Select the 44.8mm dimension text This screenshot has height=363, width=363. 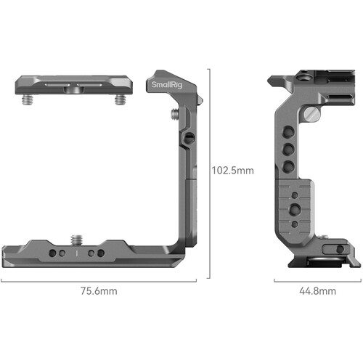(317, 291)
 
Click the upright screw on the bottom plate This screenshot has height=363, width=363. (76, 238)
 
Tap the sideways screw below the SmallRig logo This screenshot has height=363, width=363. (175, 113)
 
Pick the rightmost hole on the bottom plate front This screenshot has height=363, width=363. (101, 253)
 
